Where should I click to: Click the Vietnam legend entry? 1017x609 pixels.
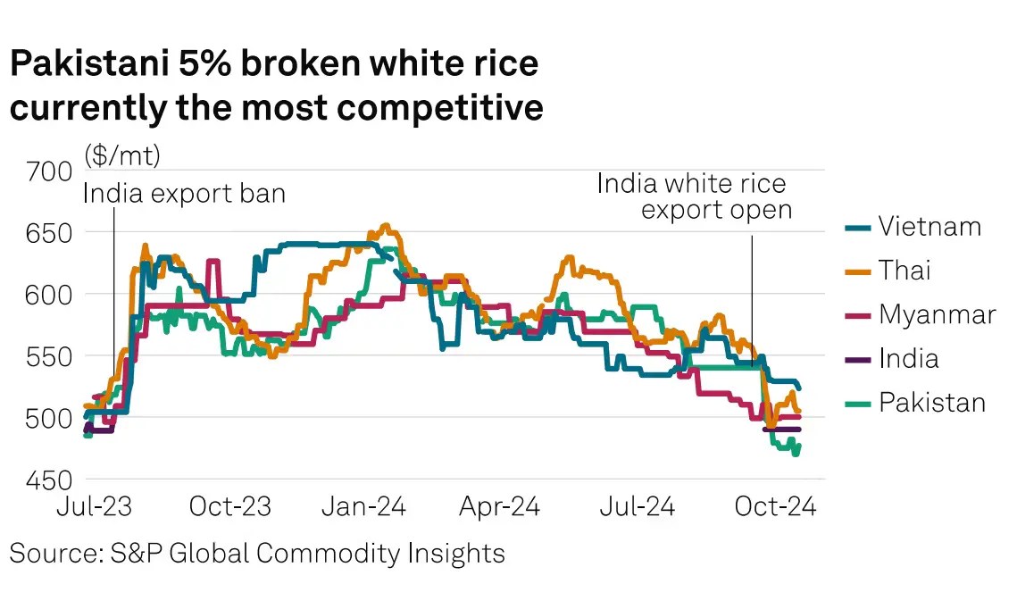point(929,227)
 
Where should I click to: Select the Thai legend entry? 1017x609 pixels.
point(904,271)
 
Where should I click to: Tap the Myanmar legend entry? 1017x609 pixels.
point(937,314)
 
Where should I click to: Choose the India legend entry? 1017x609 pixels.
point(908,359)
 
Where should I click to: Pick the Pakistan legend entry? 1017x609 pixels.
point(932,403)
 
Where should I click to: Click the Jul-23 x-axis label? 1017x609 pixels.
point(96,507)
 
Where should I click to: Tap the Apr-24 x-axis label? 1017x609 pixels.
point(498,507)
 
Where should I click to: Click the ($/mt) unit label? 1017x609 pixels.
point(122,155)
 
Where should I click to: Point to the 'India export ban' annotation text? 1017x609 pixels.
point(184,193)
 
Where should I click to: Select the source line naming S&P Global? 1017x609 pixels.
point(257,553)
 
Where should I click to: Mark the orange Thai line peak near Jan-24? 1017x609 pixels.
point(385,226)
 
